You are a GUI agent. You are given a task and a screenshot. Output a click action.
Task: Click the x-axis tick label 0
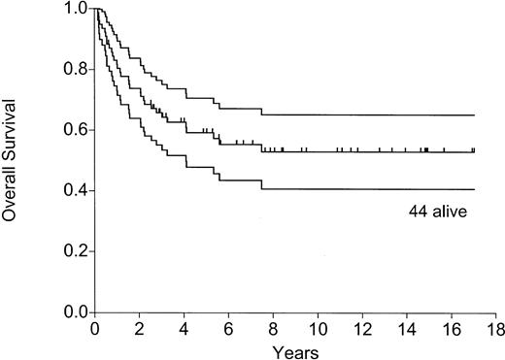pyautogui.click(x=94, y=328)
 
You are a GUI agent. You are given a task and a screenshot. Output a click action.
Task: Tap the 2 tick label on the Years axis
pyautogui.click(x=139, y=328)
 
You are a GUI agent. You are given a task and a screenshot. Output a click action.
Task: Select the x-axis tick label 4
pyautogui.click(x=184, y=328)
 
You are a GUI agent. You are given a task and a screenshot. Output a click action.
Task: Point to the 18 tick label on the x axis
pyautogui.click(x=495, y=328)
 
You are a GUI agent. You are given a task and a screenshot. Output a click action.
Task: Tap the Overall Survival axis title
pyautogui.click(x=14, y=160)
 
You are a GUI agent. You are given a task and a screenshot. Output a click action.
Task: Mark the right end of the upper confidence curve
pyautogui.click(x=474, y=115)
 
